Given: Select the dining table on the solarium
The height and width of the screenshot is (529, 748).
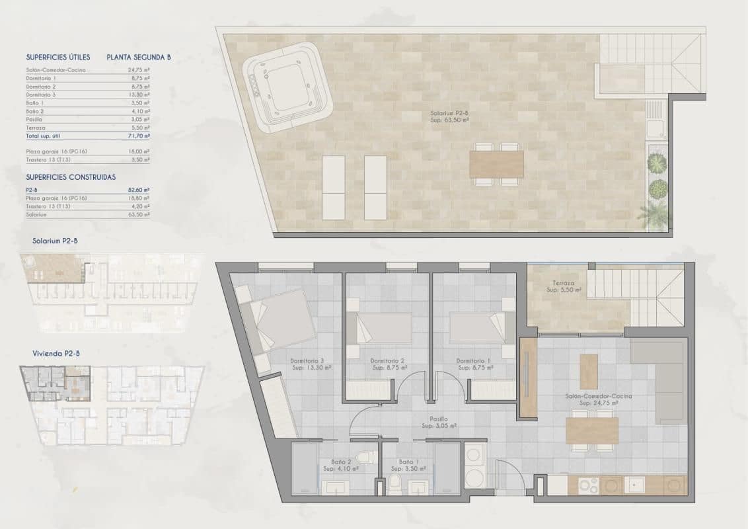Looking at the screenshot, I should [496, 164].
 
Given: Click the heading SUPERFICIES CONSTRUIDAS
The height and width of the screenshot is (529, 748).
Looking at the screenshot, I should [71, 177].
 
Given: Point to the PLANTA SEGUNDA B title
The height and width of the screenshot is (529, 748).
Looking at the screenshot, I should [139, 58].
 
